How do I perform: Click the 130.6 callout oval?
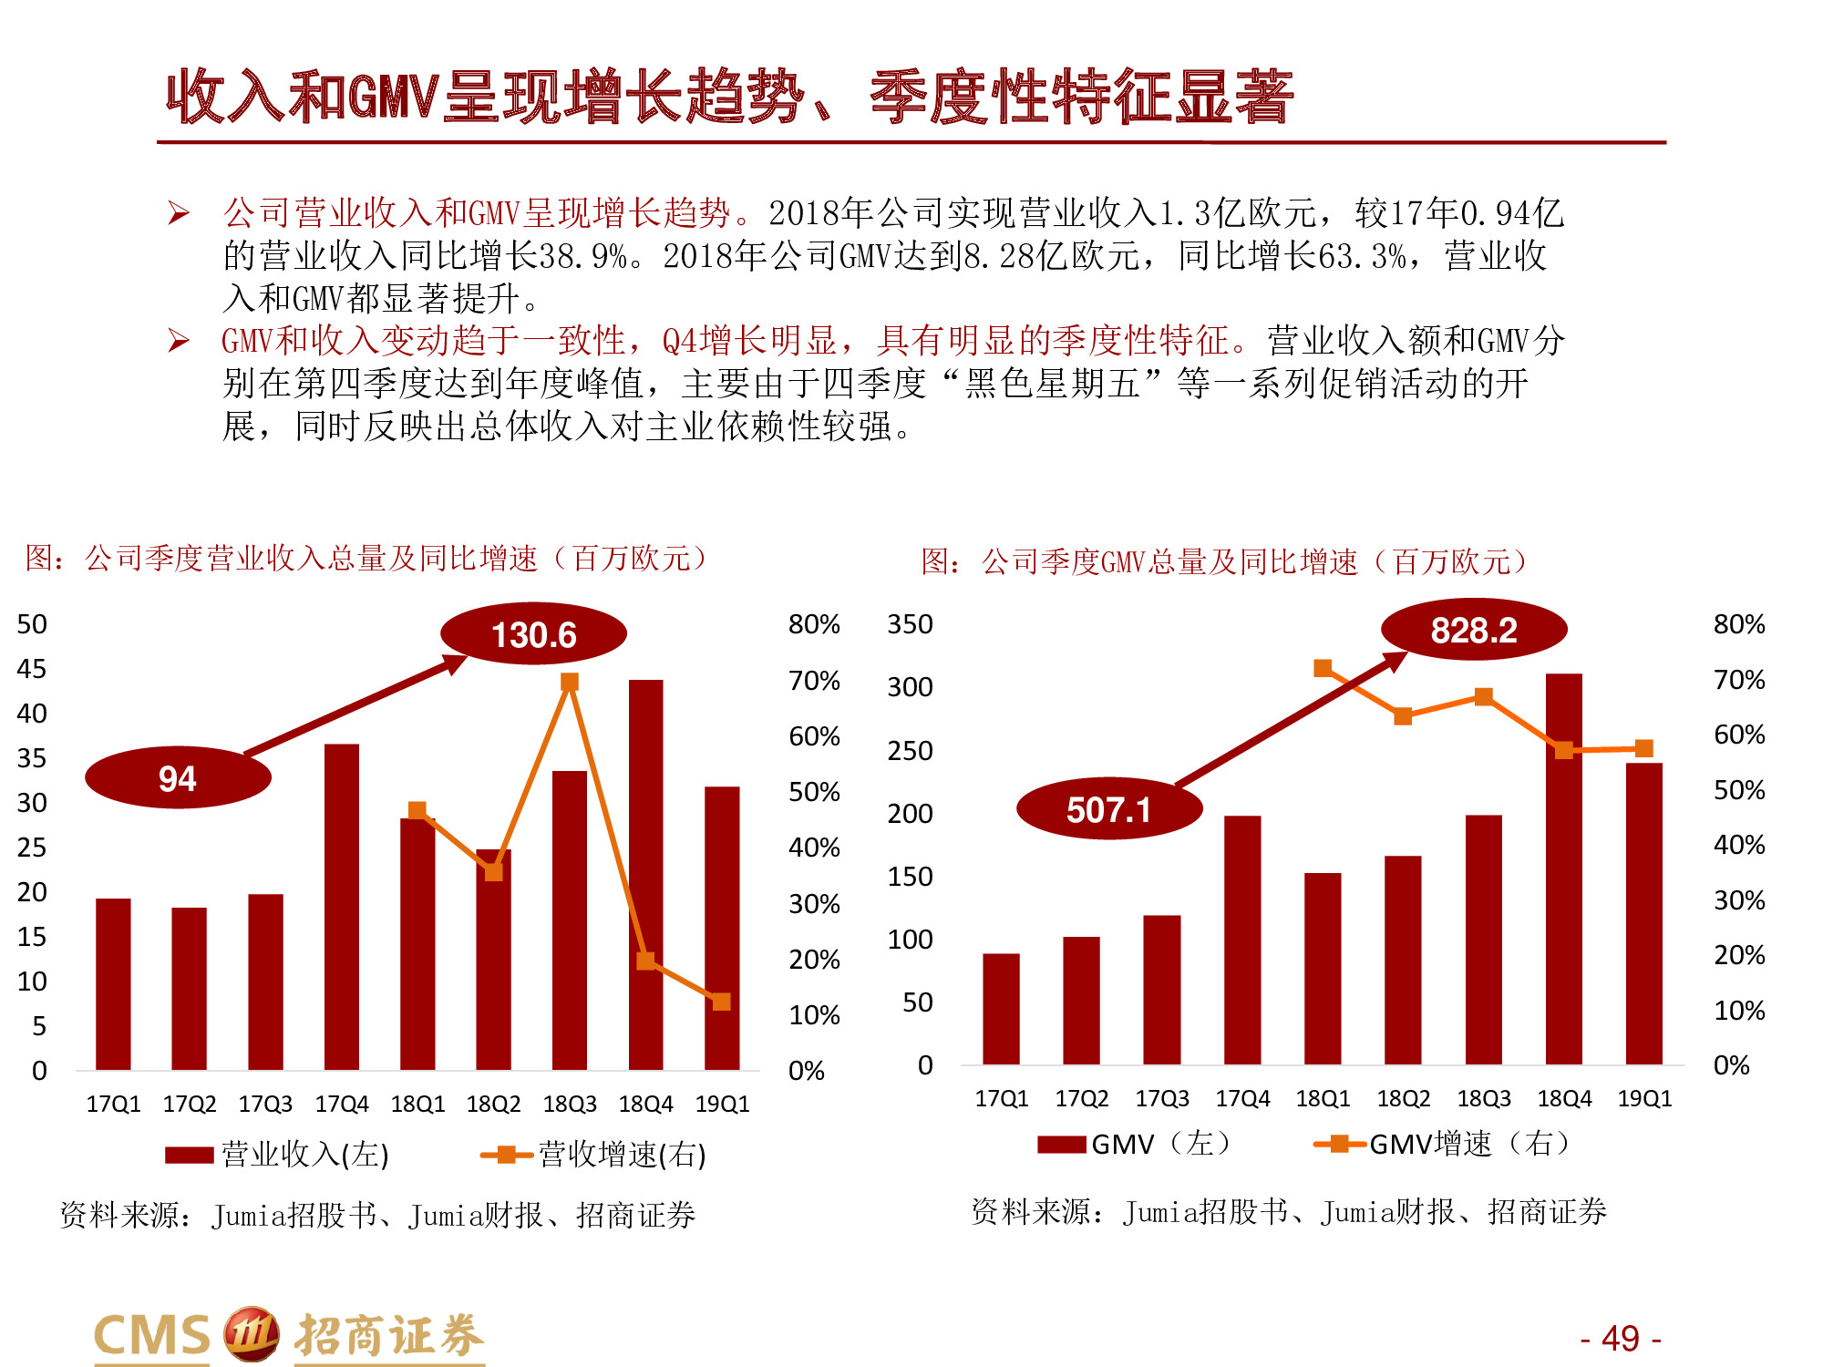(533, 634)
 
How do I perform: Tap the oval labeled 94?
(178, 778)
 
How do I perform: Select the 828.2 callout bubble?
(1473, 630)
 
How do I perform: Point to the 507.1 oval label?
(1108, 809)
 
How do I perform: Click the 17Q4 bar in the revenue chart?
(341, 907)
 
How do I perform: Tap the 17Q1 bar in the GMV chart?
(1001, 1009)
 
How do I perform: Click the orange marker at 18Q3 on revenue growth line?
(570, 682)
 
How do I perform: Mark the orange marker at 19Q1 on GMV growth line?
(1643, 748)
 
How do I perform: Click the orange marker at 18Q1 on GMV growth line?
(1323, 668)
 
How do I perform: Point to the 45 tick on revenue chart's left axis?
(32, 669)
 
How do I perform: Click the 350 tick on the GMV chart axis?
(910, 624)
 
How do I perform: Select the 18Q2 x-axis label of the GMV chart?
(1403, 1098)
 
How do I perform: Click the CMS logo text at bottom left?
(153, 1336)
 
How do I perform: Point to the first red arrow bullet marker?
(179, 213)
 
